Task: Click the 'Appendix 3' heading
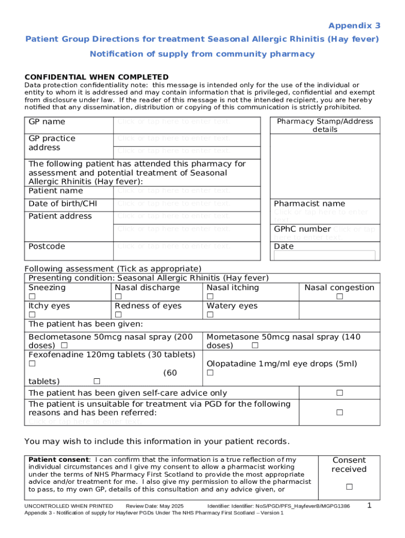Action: (x=354, y=26)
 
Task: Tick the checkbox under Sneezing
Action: (x=32, y=297)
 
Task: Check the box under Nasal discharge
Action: (x=118, y=297)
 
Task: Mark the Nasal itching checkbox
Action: (x=210, y=297)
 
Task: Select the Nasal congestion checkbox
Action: (x=339, y=297)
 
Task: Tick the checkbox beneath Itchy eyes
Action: (x=32, y=315)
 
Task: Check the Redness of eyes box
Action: (x=118, y=315)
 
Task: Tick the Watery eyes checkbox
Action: (x=210, y=315)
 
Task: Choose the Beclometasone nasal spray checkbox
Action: (x=64, y=346)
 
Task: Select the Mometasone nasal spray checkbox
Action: (x=255, y=346)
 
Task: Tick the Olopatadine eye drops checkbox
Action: (x=210, y=373)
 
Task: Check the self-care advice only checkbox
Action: (x=339, y=393)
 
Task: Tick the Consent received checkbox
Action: (x=349, y=487)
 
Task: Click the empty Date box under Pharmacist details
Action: (x=325, y=256)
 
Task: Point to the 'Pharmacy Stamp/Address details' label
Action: (x=325, y=126)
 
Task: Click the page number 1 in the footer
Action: (x=369, y=505)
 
